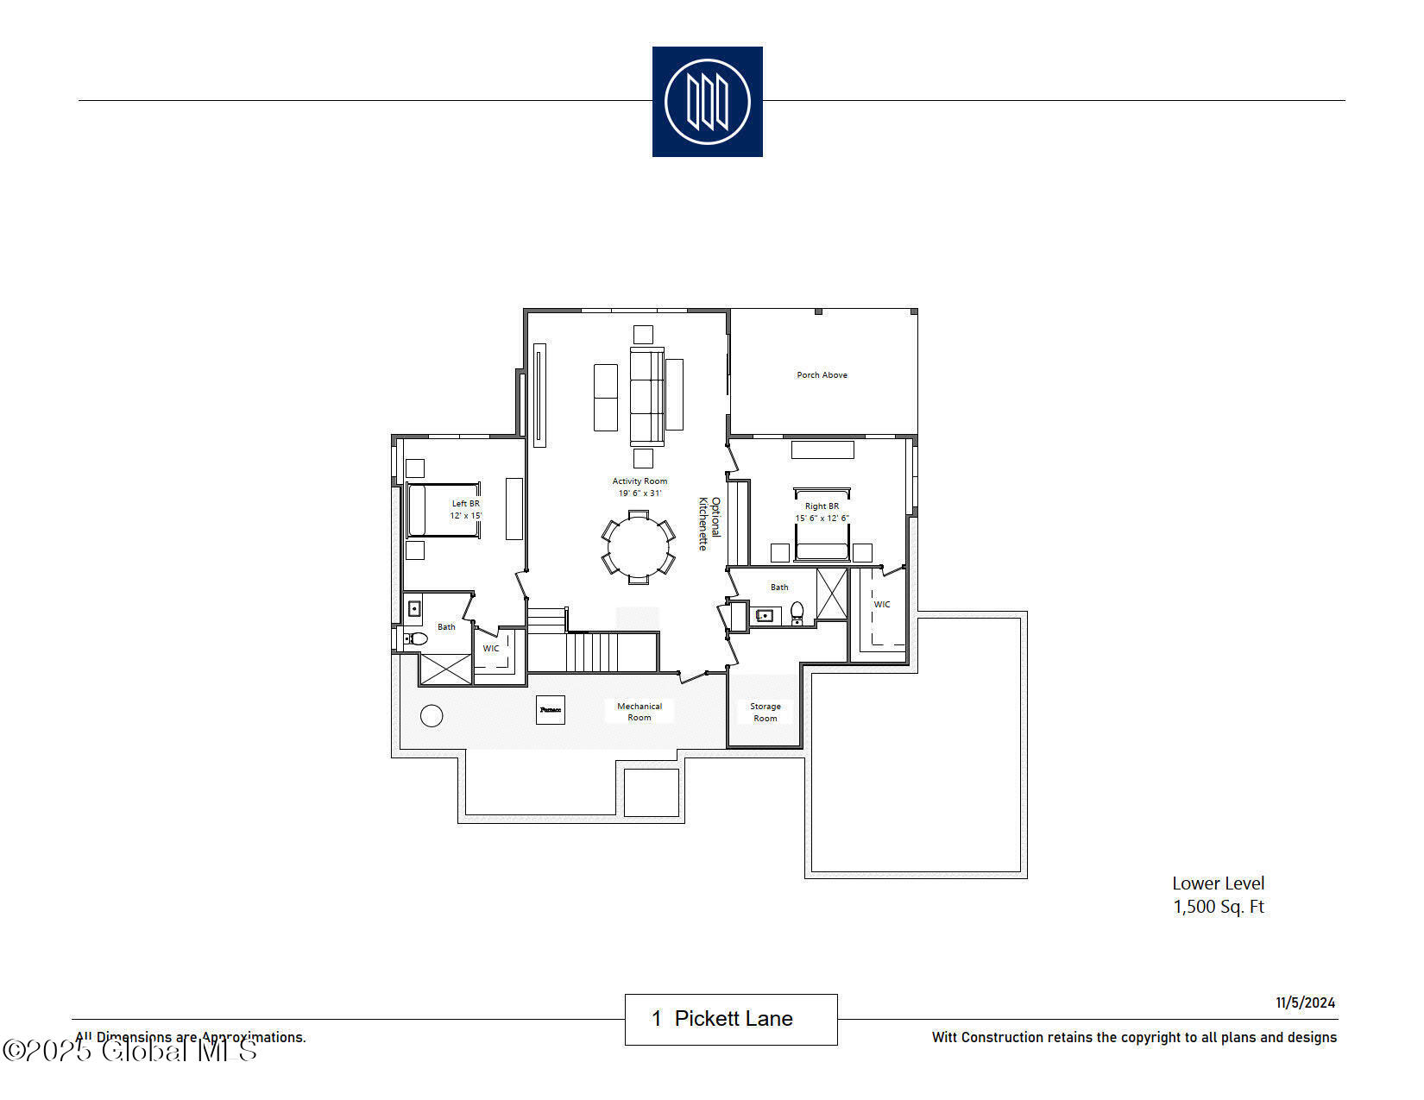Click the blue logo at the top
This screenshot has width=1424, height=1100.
(x=707, y=102)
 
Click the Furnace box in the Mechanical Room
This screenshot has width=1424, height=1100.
(x=551, y=709)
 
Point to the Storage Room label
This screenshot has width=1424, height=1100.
(x=765, y=712)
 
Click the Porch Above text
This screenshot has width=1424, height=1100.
(x=822, y=375)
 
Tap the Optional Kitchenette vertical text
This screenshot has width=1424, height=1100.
(x=709, y=523)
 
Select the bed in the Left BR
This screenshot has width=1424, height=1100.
(x=442, y=510)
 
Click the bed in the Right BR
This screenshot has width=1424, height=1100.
(x=822, y=526)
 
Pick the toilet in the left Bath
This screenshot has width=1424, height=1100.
(x=417, y=638)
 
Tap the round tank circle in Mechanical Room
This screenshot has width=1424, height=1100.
(x=432, y=715)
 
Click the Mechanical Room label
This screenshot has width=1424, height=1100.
(x=640, y=712)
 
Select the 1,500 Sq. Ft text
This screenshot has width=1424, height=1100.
(x=1218, y=907)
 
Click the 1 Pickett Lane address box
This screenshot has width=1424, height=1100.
(x=731, y=1019)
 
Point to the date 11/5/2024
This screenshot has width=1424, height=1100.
(x=1305, y=1003)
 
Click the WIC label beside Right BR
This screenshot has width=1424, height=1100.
(x=882, y=605)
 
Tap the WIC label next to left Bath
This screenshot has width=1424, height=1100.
(x=491, y=649)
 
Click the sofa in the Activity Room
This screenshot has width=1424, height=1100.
(x=646, y=397)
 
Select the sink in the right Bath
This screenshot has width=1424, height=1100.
(x=765, y=615)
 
